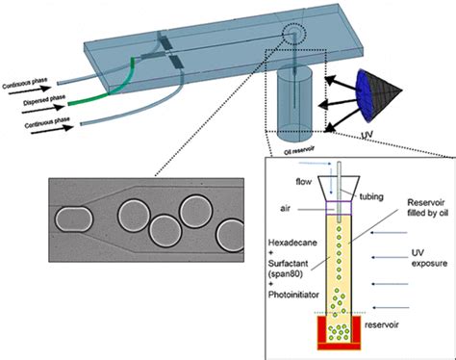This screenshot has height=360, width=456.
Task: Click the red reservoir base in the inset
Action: [337, 332]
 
